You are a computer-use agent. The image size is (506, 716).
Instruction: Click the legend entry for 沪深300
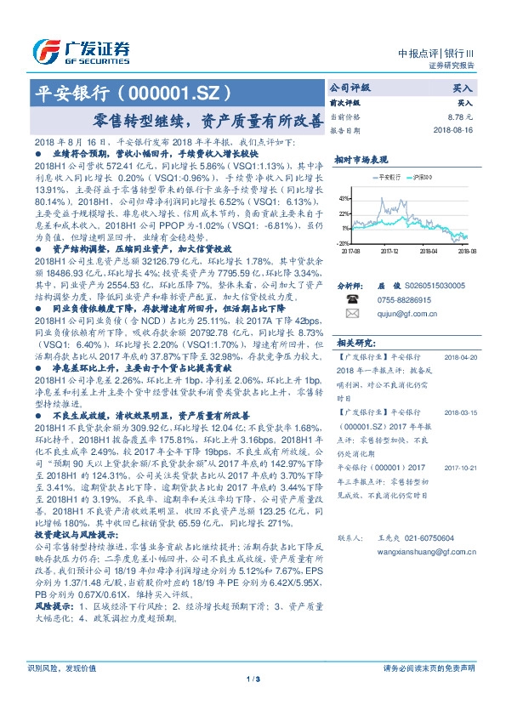tap(421, 177)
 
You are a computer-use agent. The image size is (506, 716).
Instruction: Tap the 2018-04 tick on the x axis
tap(429, 251)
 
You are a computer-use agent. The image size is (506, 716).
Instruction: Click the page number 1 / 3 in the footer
tap(252, 702)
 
